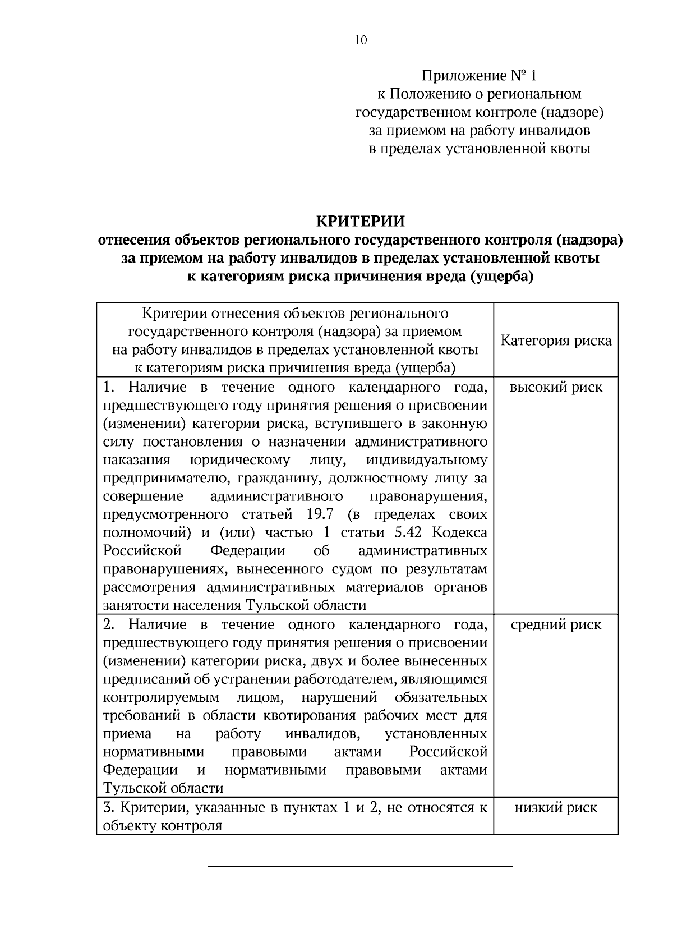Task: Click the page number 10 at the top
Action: (x=361, y=40)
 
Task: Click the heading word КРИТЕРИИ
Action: (x=361, y=221)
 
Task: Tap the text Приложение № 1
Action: (x=479, y=76)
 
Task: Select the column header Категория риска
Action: (x=556, y=341)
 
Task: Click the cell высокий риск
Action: (x=556, y=387)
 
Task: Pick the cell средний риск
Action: (x=556, y=625)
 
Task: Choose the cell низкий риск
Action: (x=556, y=807)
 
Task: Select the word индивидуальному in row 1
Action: (x=427, y=460)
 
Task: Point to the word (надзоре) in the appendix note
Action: (x=572, y=113)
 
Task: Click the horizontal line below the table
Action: (x=361, y=867)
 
